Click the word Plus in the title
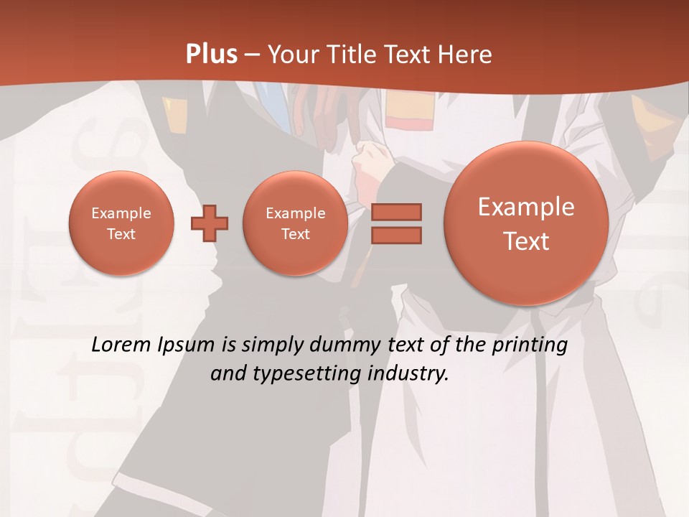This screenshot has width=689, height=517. [212, 55]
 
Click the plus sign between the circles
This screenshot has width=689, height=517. [210, 224]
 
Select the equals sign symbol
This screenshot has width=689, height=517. [396, 224]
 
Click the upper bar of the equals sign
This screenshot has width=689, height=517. [396, 213]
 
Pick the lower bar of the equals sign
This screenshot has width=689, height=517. [396, 236]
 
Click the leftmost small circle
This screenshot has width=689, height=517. [121, 223]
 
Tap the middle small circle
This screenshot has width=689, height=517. [295, 223]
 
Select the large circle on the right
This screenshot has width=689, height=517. [526, 223]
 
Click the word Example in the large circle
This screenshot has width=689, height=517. [526, 207]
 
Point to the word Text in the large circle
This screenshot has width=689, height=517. [526, 241]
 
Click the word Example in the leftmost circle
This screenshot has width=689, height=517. [121, 213]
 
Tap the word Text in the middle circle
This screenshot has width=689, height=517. [295, 234]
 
